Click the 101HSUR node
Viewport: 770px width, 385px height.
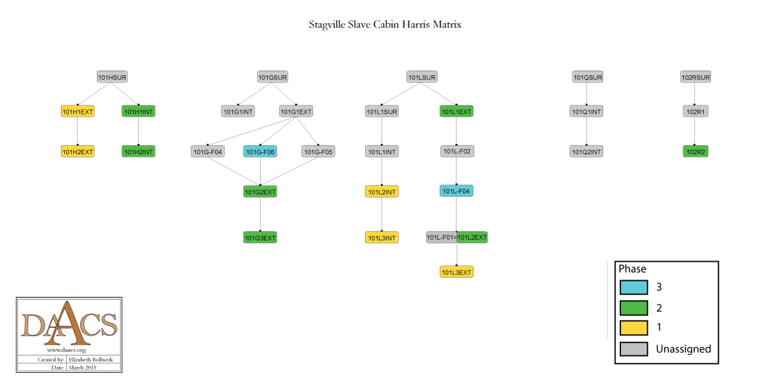point(112,77)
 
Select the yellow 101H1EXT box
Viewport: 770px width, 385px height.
point(78,112)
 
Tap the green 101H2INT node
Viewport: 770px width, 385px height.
point(139,152)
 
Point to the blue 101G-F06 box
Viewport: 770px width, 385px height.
point(260,152)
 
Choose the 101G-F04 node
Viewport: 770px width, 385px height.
point(208,152)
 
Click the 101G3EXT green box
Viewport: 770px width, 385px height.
point(260,238)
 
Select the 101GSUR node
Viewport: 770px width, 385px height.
point(273,77)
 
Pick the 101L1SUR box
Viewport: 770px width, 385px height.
point(382,112)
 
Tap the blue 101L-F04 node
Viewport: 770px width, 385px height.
point(456,191)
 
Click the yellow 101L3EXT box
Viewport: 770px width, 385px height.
point(456,273)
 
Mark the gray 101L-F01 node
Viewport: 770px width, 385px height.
point(441,237)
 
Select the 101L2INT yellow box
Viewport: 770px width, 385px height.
point(382,192)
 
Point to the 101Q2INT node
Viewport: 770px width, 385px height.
point(586,152)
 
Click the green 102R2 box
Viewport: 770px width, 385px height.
point(696,152)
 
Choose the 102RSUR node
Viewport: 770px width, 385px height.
point(696,77)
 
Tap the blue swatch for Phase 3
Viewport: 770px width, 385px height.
point(633,287)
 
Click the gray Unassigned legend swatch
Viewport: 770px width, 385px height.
point(633,349)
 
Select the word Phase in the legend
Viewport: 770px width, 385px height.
point(632,269)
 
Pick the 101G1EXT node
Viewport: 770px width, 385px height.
point(296,112)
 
